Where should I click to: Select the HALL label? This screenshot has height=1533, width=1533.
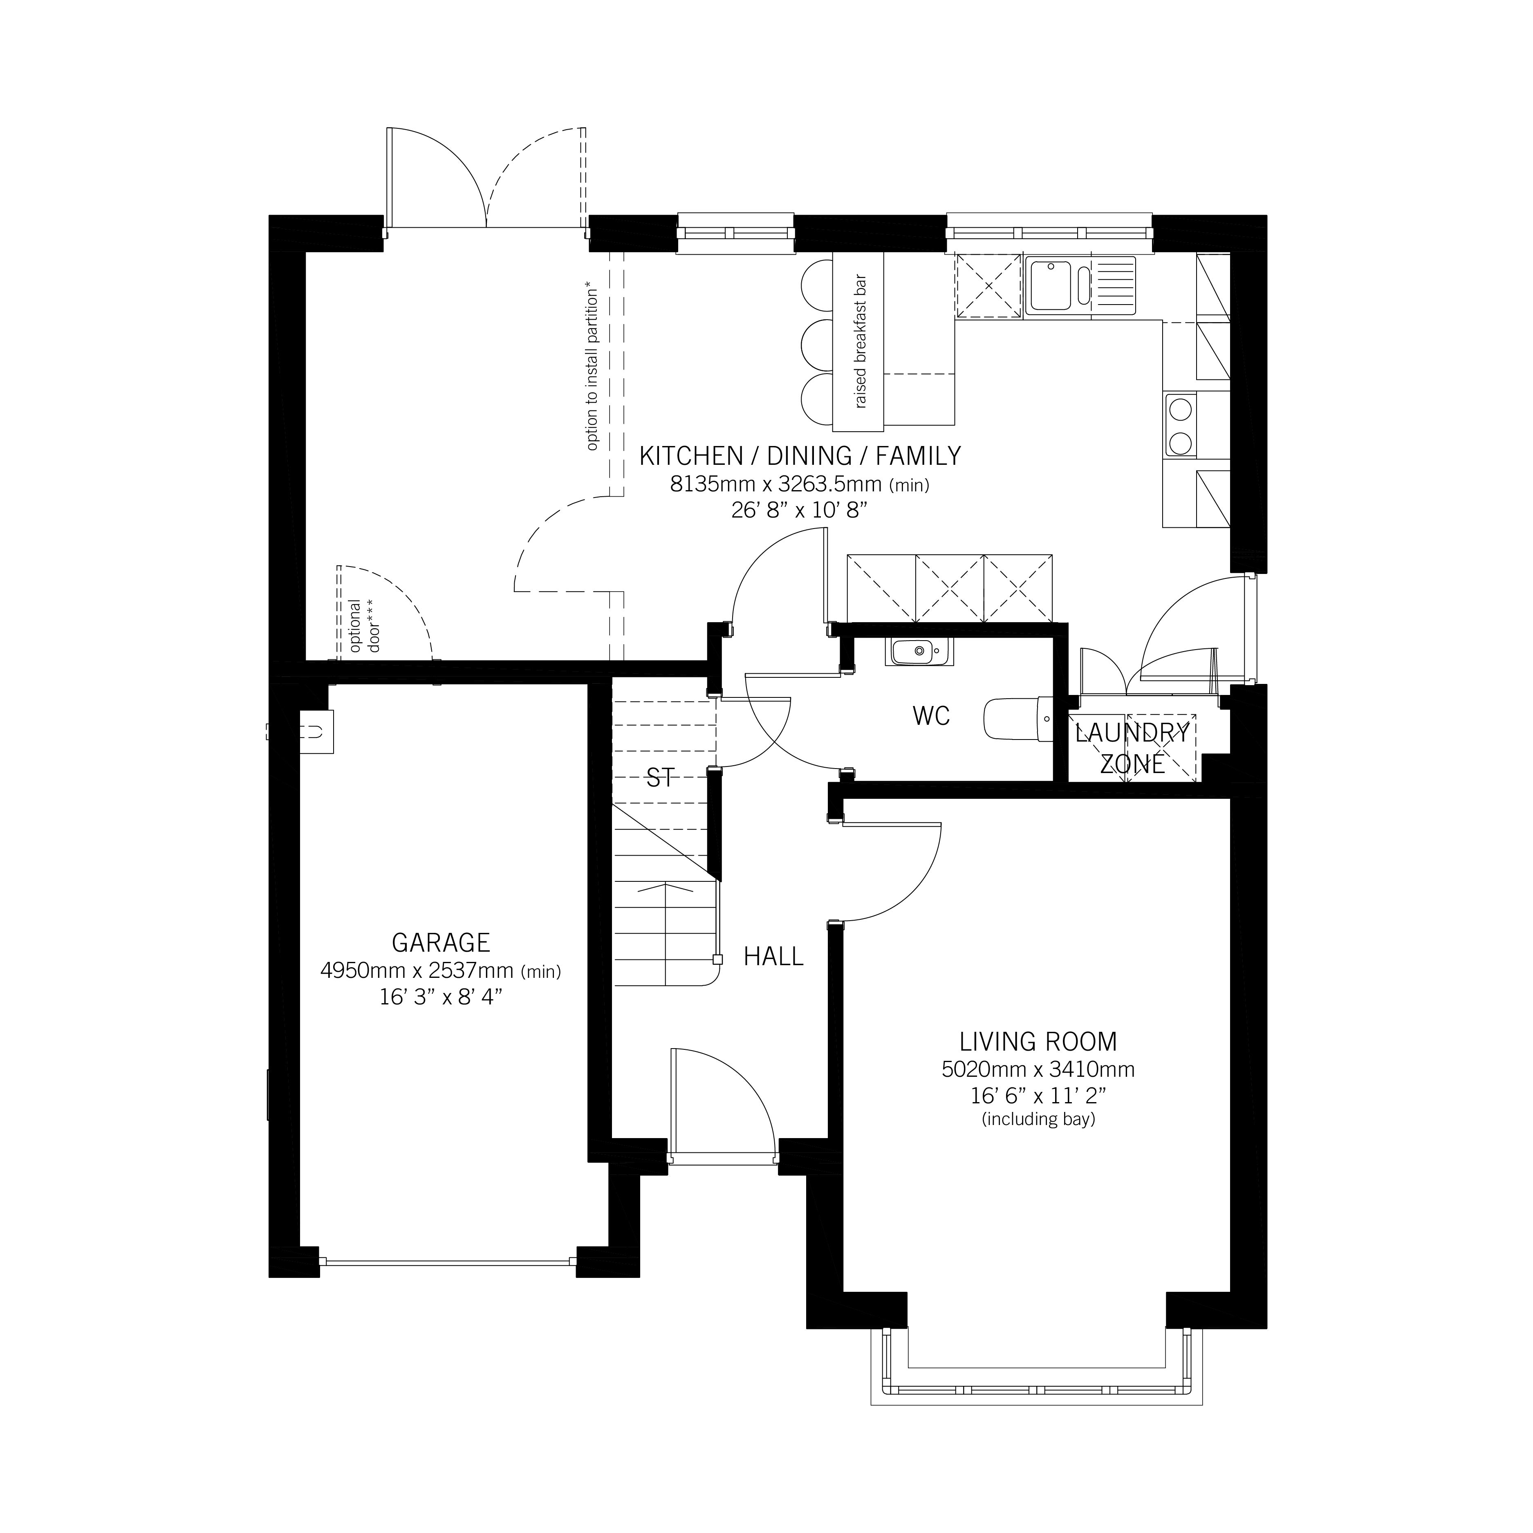click(773, 957)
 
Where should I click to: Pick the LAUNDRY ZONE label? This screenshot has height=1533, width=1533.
click(1132, 748)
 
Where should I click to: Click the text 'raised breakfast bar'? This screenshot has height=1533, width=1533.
click(860, 341)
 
